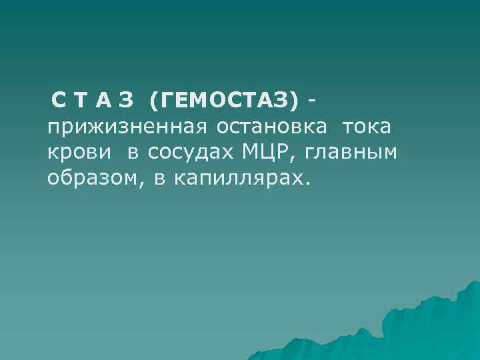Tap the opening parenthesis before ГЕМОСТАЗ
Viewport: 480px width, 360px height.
click(x=154, y=102)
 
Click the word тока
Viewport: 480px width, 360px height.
click(x=366, y=127)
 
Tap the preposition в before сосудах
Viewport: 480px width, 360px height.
click(x=133, y=153)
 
